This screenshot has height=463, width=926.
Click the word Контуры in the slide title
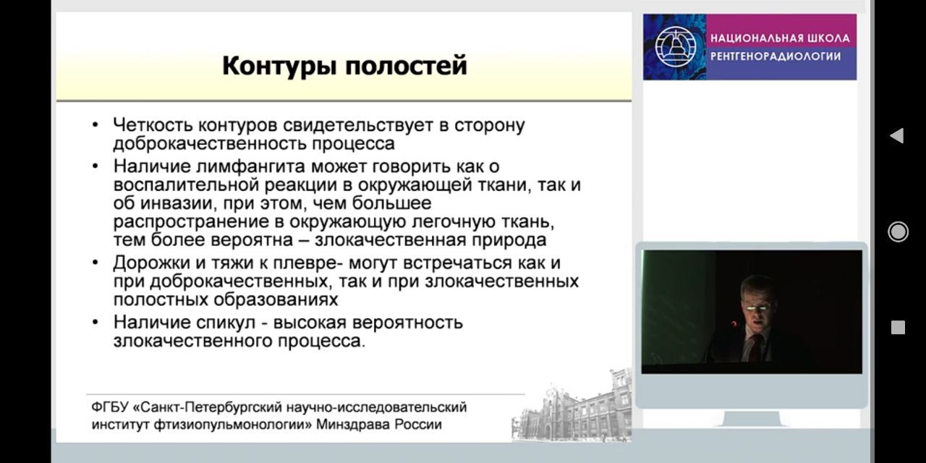(280, 66)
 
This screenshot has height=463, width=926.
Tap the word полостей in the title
(407, 66)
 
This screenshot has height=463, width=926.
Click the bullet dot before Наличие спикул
(95, 322)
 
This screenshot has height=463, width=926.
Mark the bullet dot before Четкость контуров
(95, 124)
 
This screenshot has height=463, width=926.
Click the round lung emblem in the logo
(676, 46)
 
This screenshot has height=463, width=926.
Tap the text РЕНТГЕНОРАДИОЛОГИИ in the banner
(776, 56)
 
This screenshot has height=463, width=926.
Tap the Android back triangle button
(896, 135)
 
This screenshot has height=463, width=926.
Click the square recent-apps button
(898, 327)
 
